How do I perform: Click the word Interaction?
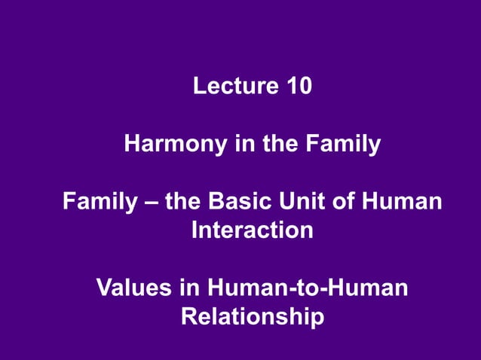(x=252, y=230)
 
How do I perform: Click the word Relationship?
(x=253, y=316)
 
